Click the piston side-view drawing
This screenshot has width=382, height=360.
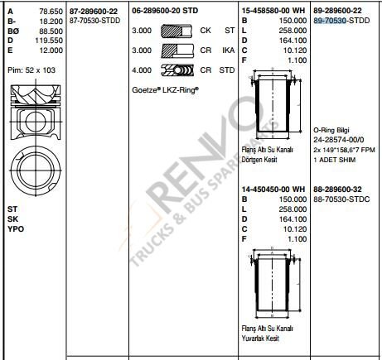(32, 108)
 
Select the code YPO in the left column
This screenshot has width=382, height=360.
(15, 227)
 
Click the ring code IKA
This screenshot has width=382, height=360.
(228, 49)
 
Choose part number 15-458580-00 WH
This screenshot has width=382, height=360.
(273, 9)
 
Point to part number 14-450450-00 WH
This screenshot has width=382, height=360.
(273, 189)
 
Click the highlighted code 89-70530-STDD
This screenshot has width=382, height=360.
(342, 19)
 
